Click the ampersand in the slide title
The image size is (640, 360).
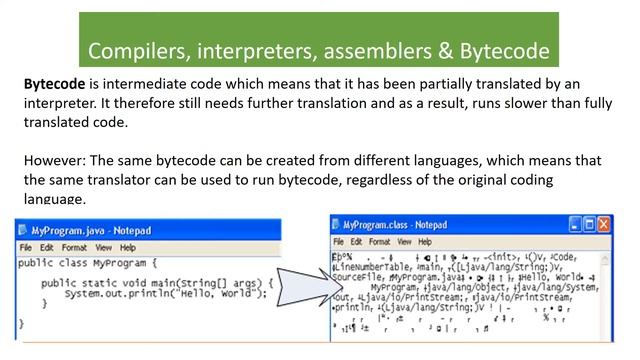click(446, 50)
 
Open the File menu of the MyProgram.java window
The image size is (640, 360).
click(25, 247)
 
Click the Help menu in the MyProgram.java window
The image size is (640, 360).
click(127, 247)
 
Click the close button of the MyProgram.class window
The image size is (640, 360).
click(604, 224)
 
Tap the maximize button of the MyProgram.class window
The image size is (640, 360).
click(588, 224)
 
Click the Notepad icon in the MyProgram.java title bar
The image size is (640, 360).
click(23, 230)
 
